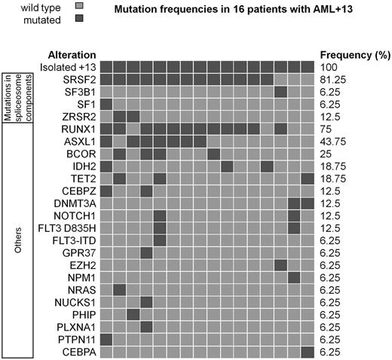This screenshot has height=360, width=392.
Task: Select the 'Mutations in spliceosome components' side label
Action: pos(17,91)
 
